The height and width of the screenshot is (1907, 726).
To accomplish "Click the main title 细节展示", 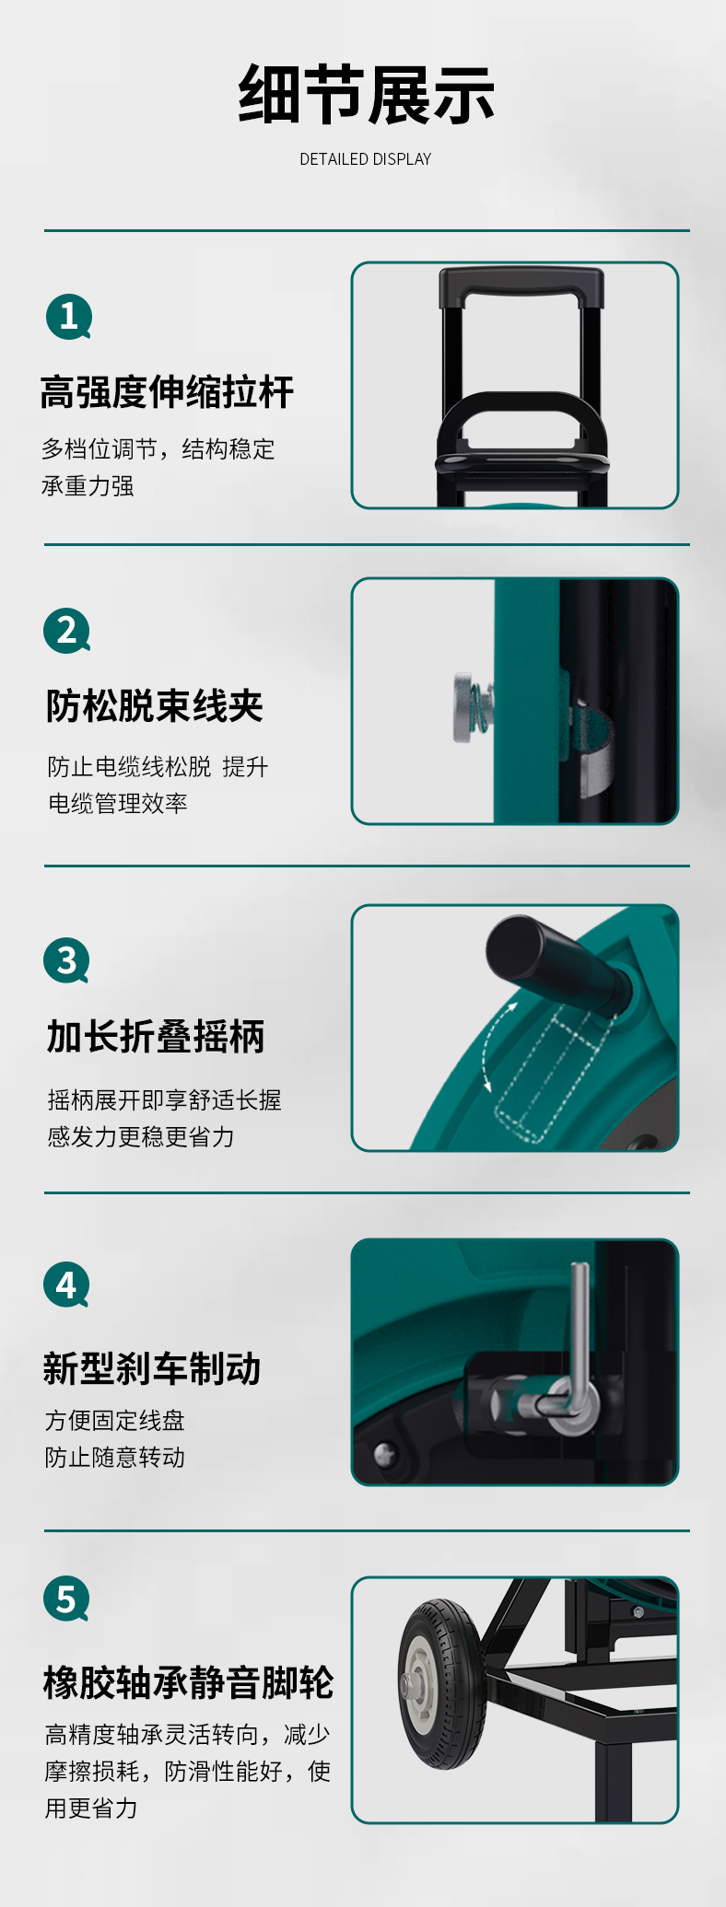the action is pyautogui.click(x=366, y=95).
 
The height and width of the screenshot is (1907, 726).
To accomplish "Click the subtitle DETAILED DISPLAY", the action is pyautogui.click(x=366, y=159).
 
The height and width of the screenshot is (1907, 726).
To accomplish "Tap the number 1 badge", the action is pyautogui.click(x=68, y=317).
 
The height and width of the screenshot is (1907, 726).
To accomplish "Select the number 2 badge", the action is pyautogui.click(x=66, y=631).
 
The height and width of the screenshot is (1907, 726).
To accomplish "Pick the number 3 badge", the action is pyautogui.click(x=66, y=960).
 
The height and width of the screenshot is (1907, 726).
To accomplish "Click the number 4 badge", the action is pyautogui.click(x=66, y=1285).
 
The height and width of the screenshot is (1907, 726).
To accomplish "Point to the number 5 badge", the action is pyautogui.click(x=66, y=1599).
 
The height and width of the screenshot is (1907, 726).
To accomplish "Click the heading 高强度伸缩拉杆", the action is pyautogui.click(x=167, y=392).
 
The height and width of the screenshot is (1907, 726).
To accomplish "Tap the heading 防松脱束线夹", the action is pyautogui.click(x=155, y=706).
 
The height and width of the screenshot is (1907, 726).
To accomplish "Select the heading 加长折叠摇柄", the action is pyautogui.click(x=156, y=1037).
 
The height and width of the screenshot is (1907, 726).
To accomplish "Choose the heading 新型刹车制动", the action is pyautogui.click(x=152, y=1368).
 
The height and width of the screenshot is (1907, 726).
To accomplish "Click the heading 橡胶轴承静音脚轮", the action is pyautogui.click(x=188, y=1682).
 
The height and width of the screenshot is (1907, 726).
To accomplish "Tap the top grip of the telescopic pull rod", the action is pyautogui.click(x=521, y=286).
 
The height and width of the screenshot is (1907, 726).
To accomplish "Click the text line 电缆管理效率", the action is pyautogui.click(x=118, y=803).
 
